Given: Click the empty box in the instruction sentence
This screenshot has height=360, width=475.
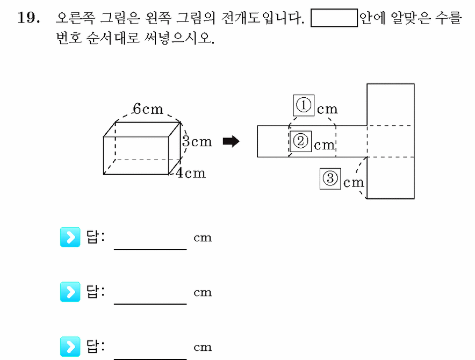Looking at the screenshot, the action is (334, 18).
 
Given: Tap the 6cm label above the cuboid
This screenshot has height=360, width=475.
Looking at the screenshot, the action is (148, 109).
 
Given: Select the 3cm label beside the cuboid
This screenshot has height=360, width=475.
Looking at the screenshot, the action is (197, 141).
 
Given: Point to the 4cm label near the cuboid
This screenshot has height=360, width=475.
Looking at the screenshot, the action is (191, 173).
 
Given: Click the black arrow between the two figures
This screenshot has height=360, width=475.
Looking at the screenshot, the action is (231, 141).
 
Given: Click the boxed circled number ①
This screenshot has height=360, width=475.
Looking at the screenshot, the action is (304, 105).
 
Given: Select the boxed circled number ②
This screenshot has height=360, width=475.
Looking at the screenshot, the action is (300, 141).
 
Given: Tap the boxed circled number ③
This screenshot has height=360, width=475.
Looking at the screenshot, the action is (330, 179).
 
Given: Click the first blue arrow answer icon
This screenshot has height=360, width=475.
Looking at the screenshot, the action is (70, 237).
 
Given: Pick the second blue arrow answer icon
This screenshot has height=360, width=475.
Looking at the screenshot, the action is (70, 292).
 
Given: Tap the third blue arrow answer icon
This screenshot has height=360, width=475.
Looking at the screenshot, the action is (70, 347).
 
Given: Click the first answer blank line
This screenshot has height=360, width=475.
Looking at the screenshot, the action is (150, 249).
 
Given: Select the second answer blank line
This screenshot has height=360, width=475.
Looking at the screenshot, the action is (150, 304).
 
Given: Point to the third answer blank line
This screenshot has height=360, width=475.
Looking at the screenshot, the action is (150, 359).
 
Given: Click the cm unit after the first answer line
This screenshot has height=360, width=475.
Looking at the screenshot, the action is (203, 238).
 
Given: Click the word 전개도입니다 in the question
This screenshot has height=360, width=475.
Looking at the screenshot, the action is (262, 18).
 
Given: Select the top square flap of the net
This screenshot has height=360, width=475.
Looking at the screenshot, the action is (391, 105).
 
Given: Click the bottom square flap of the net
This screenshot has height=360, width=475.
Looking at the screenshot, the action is (391, 178).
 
